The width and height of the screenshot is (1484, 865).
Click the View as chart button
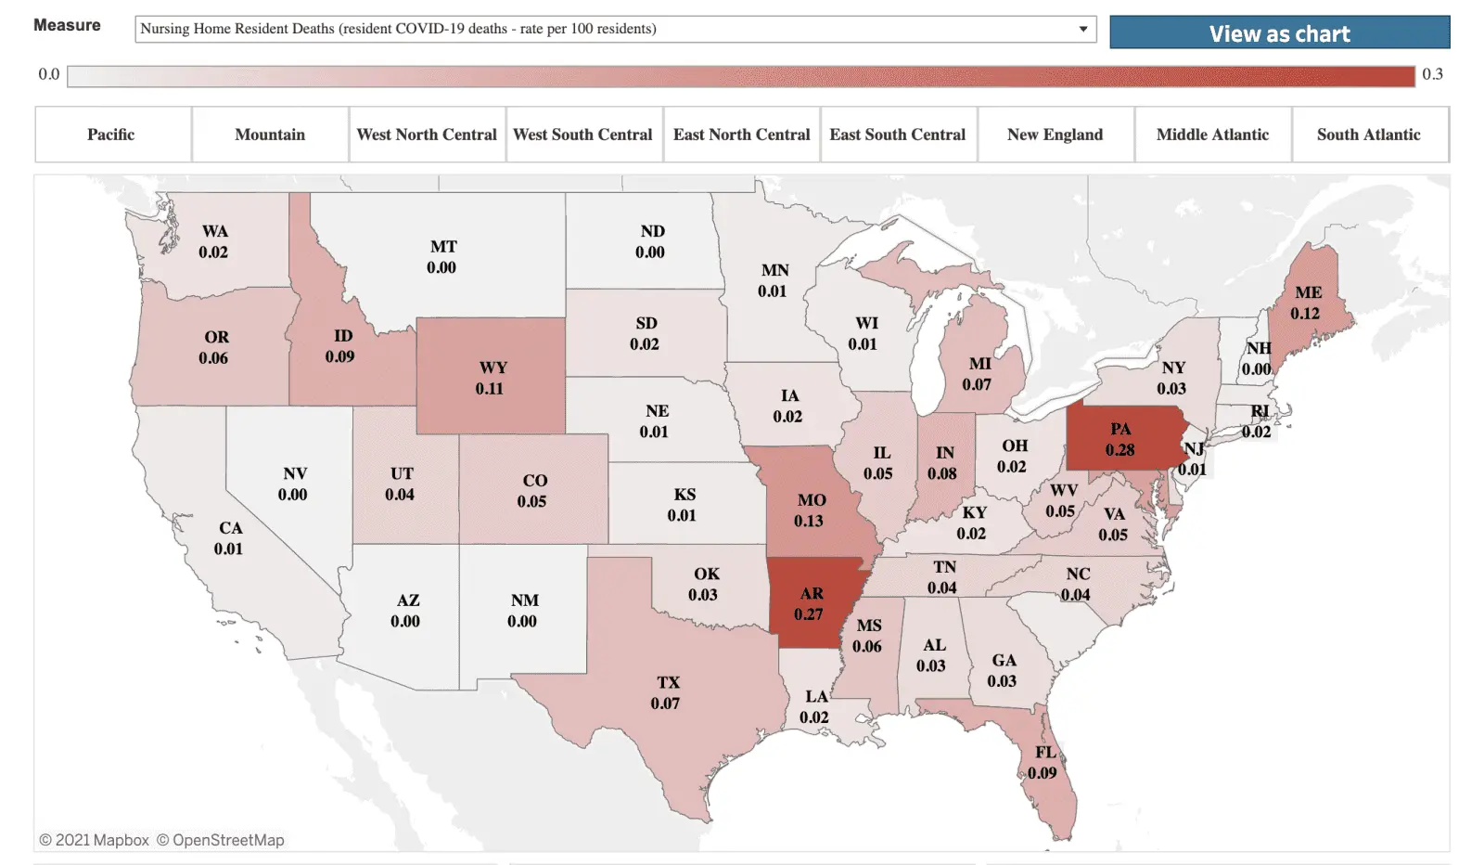[x=1279, y=33]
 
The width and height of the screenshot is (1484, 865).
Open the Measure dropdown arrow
[x=1082, y=29]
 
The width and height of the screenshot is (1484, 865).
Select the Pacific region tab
[x=111, y=135]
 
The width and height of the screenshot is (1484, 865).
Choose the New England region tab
[x=1055, y=135]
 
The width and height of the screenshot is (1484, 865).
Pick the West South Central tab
[x=582, y=135]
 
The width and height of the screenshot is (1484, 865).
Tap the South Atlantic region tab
[x=1368, y=135]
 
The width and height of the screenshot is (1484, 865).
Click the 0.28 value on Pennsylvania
[x=1119, y=450]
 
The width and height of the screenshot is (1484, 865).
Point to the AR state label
[x=812, y=594]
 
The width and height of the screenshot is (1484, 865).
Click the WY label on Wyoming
[x=493, y=368]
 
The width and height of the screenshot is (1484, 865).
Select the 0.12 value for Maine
[x=1305, y=314]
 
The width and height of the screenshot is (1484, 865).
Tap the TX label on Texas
[x=668, y=682]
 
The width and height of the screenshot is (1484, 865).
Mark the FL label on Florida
[x=1045, y=752]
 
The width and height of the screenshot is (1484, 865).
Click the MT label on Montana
[x=443, y=247]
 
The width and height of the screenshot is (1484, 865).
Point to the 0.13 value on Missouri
[x=808, y=521]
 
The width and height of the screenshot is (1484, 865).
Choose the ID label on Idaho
[x=343, y=336]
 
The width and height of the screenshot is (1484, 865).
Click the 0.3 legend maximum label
[x=1432, y=74]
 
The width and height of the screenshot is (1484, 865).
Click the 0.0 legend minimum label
[x=49, y=74]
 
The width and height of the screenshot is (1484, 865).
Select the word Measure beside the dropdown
[x=67, y=25]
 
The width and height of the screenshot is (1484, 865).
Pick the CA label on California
[x=230, y=528]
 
